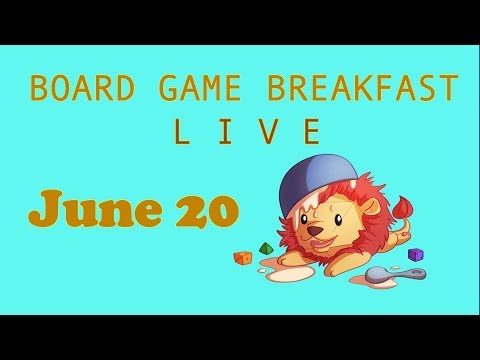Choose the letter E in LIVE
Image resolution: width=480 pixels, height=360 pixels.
coord(313,132)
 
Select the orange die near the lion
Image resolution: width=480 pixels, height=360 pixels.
coord(243,257)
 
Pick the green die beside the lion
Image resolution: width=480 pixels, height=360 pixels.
coord(267,247)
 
